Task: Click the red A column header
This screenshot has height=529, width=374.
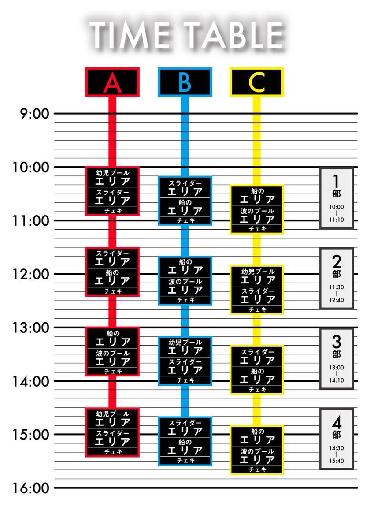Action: (113, 82)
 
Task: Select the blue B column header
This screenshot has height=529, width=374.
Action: (185, 82)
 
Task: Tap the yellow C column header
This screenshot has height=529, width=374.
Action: (257, 82)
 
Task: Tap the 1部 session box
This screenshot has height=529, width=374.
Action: (337, 198)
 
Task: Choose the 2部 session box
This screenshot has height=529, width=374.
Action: (337, 278)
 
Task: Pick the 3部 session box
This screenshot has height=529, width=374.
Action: (337, 358)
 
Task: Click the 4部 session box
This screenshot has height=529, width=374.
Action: (337, 439)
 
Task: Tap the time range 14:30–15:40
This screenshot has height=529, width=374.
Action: (337, 454)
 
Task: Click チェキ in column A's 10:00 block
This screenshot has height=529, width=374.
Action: (113, 211)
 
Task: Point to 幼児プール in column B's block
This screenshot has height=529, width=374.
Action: (185, 342)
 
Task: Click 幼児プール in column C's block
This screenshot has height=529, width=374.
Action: (257, 271)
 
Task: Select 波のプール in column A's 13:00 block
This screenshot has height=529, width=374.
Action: (113, 353)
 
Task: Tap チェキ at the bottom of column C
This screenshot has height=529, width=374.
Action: (257, 470)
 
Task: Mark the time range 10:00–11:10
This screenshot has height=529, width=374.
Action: (337, 214)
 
